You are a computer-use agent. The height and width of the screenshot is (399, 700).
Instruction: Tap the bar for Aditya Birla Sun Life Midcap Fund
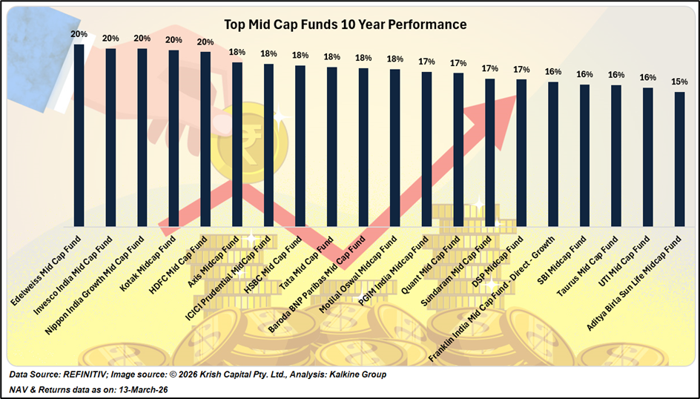point(679,159)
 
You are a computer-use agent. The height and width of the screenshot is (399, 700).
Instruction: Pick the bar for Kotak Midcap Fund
point(174,138)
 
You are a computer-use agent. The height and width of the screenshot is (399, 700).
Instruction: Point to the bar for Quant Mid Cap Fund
point(458,149)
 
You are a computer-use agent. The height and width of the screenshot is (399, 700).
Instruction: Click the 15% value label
point(679,82)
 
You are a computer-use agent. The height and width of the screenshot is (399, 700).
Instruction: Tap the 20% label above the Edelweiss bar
point(79,34)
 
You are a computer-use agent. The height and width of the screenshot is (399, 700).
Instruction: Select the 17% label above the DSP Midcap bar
point(521,69)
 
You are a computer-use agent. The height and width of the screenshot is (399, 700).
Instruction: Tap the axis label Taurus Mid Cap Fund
point(590,267)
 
